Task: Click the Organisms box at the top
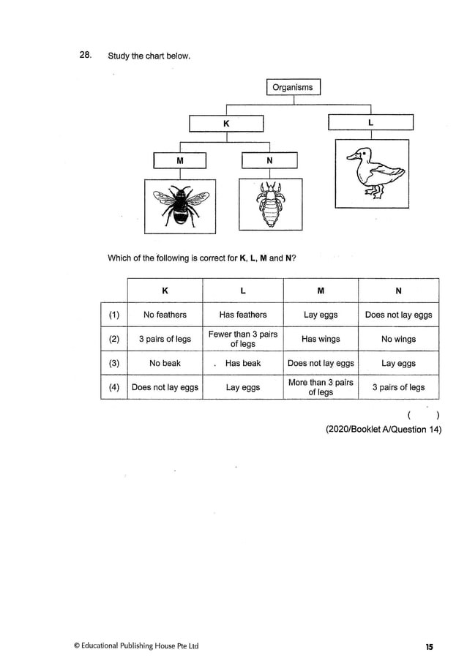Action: tap(293, 88)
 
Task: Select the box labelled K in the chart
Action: tap(226, 124)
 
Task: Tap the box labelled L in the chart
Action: tap(371, 123)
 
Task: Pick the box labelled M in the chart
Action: tap(180, 160)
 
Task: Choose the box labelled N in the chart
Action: tap(269, 160)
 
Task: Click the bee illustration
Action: tap(180, 206)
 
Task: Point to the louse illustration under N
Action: tap(270, 206)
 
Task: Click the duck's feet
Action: tap(376, 193)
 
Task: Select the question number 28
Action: tap(86, 56)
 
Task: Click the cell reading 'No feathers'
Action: tap(165, 315)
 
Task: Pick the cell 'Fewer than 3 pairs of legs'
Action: tap(243, 339)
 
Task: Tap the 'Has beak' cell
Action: tap(243, 363)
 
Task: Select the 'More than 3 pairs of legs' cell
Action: tap(321, 387)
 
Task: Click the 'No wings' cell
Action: tap(398, 339)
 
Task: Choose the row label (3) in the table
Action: tap(113, 363)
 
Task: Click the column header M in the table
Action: tap(321, 291)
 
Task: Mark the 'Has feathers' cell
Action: tap(243, 315)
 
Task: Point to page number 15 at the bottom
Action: tap(429, 646)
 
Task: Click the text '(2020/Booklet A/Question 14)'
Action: tap(384, 430)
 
